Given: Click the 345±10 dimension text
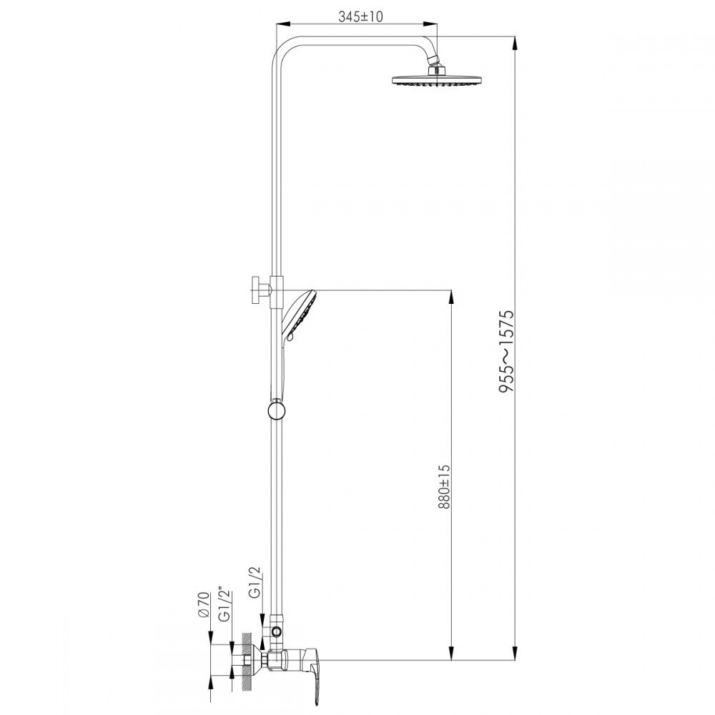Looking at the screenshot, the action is [360, 16].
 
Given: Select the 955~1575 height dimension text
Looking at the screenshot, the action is [506, 351].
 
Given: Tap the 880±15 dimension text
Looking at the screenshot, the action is [445, 486].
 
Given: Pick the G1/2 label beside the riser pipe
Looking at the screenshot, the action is [255, 582].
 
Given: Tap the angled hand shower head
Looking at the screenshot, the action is [300, 315].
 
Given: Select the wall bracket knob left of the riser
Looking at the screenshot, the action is [260, 290].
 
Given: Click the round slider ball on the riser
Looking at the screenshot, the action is [276, 409].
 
